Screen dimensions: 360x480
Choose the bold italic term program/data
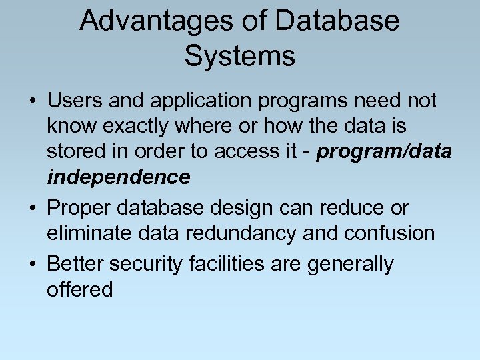385,152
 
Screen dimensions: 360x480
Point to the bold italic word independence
118,177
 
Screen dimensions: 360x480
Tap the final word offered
80,290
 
